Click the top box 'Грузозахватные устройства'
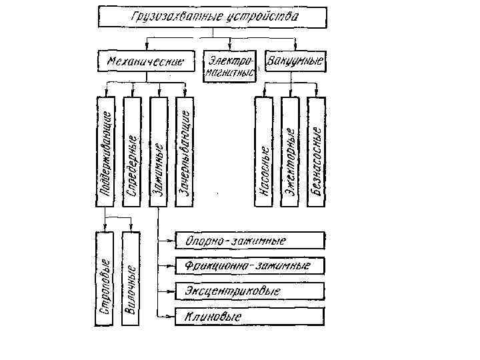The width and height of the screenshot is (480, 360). [213, 17]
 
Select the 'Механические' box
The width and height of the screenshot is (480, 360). [145, 62]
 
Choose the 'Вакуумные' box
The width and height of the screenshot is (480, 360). [295, 61]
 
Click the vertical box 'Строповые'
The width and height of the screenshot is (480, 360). [106, 279]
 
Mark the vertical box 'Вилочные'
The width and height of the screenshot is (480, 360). [132, 279]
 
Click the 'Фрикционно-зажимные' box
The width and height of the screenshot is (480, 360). [250, 266]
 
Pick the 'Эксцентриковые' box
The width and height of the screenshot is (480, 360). [250, 291]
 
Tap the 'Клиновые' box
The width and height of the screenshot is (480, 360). [250, 317]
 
